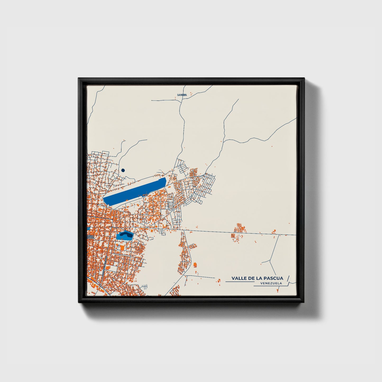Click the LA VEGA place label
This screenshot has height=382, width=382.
[182, 95]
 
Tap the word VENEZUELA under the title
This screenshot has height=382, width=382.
[271, 283]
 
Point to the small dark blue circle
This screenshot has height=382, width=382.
[123, 171]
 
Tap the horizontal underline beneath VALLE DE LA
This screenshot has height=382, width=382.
[239, 282]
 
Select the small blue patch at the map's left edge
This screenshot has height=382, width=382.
[88, 228]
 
